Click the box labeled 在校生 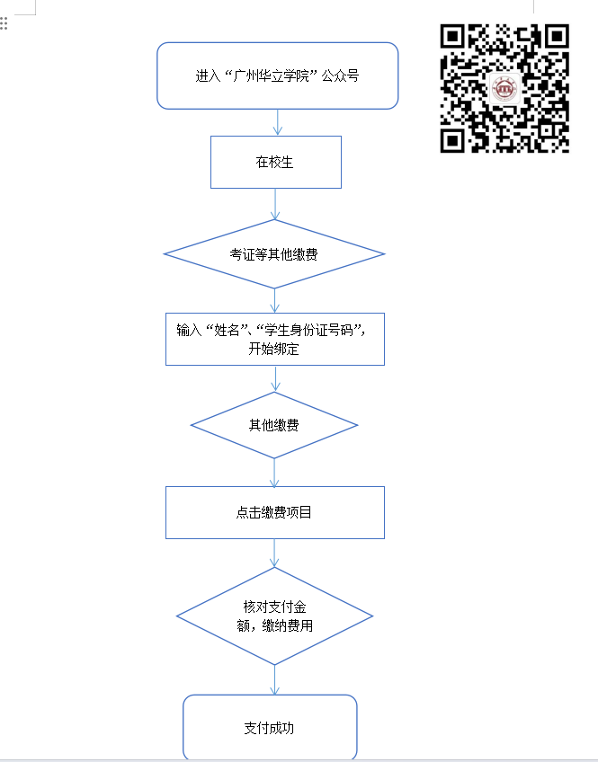coord(276,162)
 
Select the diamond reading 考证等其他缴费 coord(274,253)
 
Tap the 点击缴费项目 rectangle coord(275,512)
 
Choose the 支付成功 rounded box coord(270,727)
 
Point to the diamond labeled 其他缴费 coord(274,425)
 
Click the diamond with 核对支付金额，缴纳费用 coord(274,616)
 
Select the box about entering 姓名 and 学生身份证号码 coord(275,339)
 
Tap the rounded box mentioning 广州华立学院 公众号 coord(278,75)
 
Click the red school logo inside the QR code coord(504,89)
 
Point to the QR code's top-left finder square coord(452,37)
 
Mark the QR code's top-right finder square coord(557,37)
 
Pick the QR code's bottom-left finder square coord(452,140)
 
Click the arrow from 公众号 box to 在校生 coord(278,122)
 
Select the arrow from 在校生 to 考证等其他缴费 coord(275,204)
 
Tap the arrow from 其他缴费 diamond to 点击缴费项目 coord(274,473)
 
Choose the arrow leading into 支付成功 coord(274,680)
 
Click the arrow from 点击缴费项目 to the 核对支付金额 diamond coord(274,553)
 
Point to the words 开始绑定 coord(273,349)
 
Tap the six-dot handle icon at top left coord(4,23)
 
